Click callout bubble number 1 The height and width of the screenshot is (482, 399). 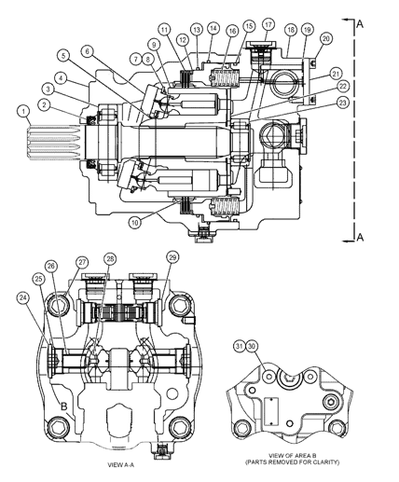pyautogui.click(x=21, y=112)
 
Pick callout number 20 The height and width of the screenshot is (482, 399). pyautogui.click(x=325, y=38)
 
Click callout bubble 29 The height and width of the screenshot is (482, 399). pyautogui.click(x=172, y=256)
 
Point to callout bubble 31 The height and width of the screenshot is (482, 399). pyautogui.click(x=239, y=346)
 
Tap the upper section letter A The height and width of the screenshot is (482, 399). pyautogui.click(x=360, y=25)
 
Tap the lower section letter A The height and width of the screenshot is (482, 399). pyautogui.click(x=360, y=238)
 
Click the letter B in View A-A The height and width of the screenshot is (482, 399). pyautogui.click(x=63, y=406)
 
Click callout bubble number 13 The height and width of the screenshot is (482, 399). pyautogui.click(x=197, y=30)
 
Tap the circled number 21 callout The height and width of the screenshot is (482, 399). pyautogui.click(x=335, y=73)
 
